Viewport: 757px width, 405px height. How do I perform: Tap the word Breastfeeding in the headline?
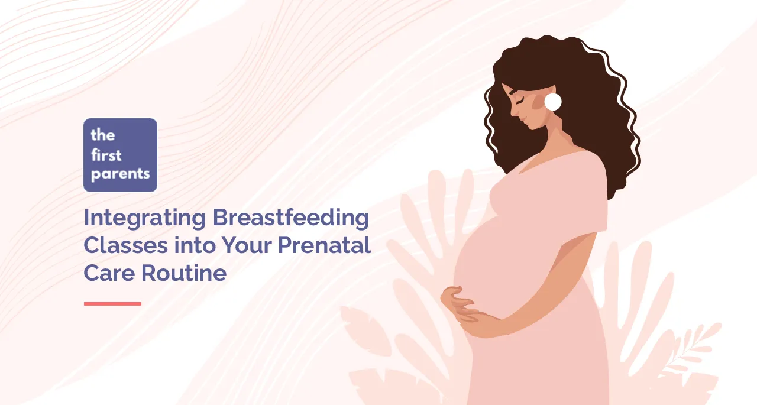[291, 218]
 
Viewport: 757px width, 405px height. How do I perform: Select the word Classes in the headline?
[126, 245]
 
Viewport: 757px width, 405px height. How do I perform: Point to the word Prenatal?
[325, 245]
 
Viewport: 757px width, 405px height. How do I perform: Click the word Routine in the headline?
[184, 273]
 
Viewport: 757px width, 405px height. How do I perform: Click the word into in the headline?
[195, 245]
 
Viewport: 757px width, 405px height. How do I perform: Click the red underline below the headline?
[112, 304]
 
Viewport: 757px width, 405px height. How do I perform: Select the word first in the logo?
[106, 155]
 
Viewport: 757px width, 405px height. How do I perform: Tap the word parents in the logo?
[120, 174]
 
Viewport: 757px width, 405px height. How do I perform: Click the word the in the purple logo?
[103, 135]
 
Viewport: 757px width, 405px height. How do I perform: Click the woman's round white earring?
[553, 102]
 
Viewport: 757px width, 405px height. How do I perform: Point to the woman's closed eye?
[520, 99]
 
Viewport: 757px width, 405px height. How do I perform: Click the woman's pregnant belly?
[490, 267]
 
